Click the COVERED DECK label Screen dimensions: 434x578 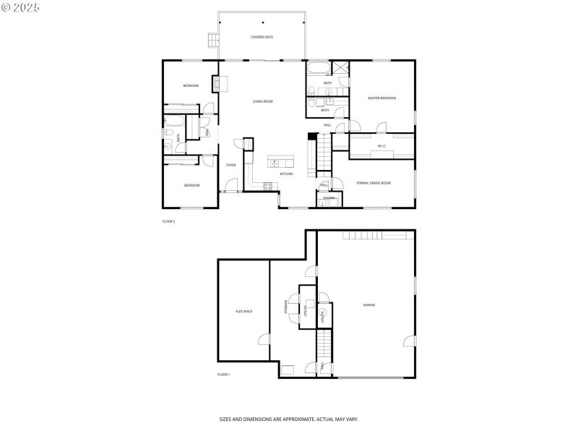click(262, 37)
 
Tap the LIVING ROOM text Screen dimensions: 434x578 click(262, 101)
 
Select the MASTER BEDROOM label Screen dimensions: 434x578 click(381, 98)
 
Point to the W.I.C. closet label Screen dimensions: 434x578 click(381, 146)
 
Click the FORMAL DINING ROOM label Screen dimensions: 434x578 click(374, 183)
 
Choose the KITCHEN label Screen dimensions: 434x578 click(286, 174)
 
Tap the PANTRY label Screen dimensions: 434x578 click(329, 197)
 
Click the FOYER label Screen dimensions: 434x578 click(230, 165)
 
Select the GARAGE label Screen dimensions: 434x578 click(368, 305)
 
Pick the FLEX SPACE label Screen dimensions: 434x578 click(243, 311)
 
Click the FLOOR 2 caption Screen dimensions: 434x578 click(168, 221)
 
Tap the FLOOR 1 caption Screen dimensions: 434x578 click(223, 374)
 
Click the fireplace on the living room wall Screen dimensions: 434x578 click(215, 84)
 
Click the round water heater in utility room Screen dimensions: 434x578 click(323, 314)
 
